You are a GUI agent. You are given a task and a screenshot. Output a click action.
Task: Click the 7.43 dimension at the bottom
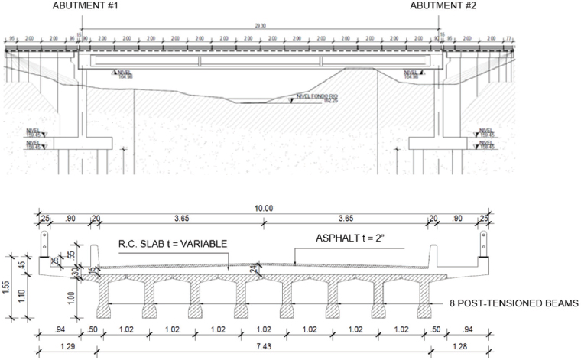(x=264, y=346)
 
